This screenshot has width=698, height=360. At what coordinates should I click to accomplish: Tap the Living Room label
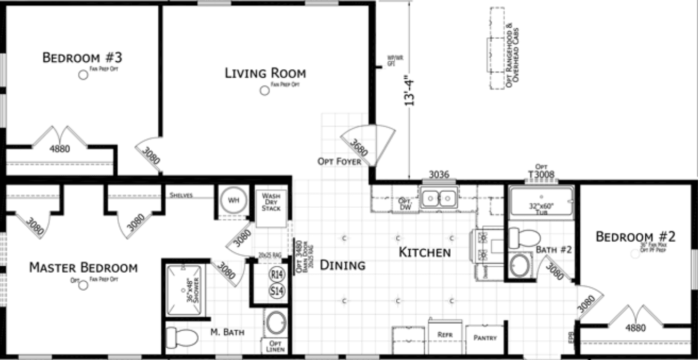click(265, 72)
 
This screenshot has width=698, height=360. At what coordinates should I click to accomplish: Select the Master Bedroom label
click(83, 267)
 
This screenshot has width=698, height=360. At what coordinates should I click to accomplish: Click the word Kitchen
click(425, 252)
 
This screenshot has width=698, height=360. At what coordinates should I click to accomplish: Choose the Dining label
click(343, 265)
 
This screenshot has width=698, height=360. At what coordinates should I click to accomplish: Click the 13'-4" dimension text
click(409, 92)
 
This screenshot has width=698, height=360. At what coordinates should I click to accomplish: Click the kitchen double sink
click(439, 199)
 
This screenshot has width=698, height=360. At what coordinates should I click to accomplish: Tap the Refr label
click(445, 336)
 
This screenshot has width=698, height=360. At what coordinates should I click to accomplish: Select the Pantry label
click(484, 338)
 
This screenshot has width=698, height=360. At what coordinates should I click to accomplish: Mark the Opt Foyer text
click(339, 161)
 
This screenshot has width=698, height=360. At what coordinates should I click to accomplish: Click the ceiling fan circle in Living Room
click(264, 91)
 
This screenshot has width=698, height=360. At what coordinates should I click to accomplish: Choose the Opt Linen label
click(275, 346)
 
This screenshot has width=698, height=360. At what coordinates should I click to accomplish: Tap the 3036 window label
click(440, 174)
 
